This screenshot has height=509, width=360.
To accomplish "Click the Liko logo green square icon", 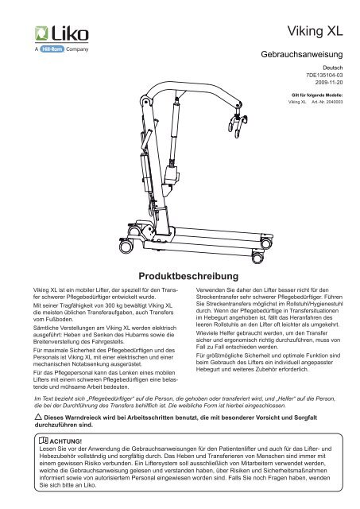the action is pyautogui.click(x=41, y=33).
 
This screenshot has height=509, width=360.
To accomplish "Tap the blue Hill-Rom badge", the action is pyautogui.click(x=52, y=49).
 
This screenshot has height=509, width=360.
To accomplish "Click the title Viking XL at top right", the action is pyautogui.click(x=315, y=31).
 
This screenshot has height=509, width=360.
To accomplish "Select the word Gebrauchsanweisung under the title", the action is pyautogui.click(x=302, y=54).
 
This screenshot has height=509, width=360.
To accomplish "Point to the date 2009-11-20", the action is pyautogui.click(x=329, y=83).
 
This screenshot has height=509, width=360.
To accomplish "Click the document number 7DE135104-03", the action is pyautogui.click(x=324, y=75).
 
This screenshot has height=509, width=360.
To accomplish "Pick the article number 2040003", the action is pyautogui.click(x=335, y=102).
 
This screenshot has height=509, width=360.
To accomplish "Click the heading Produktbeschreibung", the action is pyautogui.click(x=188, y=276).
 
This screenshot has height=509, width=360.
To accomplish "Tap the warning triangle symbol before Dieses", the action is pyautogui.click(x=38, y=417).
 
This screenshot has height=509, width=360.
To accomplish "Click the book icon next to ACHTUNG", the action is pyautogui.click(x=44, y=441).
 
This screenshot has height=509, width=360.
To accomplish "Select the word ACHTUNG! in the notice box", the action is pyautogui.click(x=66, y=441).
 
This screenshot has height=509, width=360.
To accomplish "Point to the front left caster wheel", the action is pyautogui.click(x=126, y=246).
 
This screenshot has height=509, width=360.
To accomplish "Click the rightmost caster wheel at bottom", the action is pyautogui.click(x=266, y=243).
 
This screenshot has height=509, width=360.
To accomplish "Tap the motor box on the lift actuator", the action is pyautogui.click(x=171, y=175).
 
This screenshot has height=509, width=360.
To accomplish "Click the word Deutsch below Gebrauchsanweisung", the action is pyautogui.click(x=333, y=68).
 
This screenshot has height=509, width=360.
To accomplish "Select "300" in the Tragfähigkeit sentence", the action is pyautogui.click(x=110, y=305).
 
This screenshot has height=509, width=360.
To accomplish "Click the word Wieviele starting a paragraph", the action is pyautogui.click(x=207, y=333).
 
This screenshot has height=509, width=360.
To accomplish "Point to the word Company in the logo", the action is pyautogui.click(x=77, y=49).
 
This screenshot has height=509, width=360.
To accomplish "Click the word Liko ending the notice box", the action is pyautogui.click(x=90, y=485).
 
